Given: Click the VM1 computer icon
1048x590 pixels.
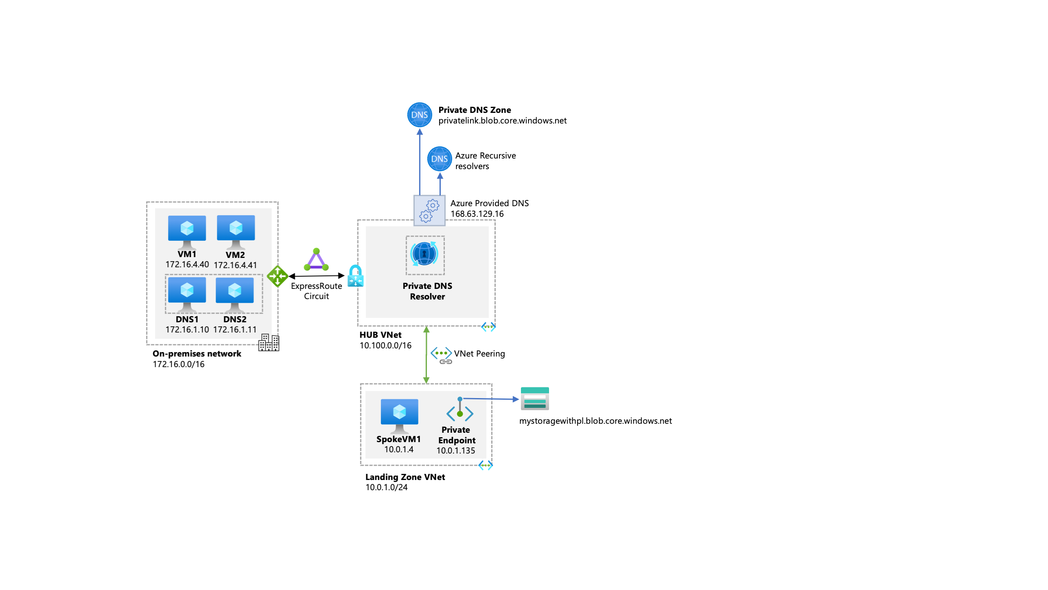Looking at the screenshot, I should tap(187, 231).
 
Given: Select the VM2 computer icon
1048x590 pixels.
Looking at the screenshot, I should tap(236, 231).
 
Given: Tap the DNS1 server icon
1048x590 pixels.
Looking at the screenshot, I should tap(187, 293).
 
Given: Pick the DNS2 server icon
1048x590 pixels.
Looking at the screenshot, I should tap(234, 293).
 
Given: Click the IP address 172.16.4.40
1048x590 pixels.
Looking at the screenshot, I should tap(187, 264).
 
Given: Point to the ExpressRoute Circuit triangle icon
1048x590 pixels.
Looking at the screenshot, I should tap(316, 260).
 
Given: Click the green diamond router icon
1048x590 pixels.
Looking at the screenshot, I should tap(278, 276).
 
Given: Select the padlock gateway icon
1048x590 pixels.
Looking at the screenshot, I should tap(355, 276).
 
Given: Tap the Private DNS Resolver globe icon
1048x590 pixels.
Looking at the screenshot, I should tap(424, 254).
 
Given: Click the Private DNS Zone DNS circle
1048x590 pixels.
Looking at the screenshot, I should tap(419, 115).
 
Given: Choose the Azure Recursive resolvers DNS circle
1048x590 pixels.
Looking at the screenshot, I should tap(439, 159).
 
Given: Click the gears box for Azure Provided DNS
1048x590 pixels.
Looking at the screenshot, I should tap(429, 210).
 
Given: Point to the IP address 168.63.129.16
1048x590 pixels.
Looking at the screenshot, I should tap(477, 214).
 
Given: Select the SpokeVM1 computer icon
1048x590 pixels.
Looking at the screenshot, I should tap(399, 415).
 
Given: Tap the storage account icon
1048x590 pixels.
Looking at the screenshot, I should tap(534, 398).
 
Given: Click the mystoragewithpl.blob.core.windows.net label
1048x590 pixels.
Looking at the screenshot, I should tap(595, 421).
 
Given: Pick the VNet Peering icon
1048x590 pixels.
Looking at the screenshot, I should tap(441, 355).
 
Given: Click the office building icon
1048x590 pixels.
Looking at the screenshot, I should tap(269, 343).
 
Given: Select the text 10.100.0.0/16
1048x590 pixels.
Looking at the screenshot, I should tap(385, 346).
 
